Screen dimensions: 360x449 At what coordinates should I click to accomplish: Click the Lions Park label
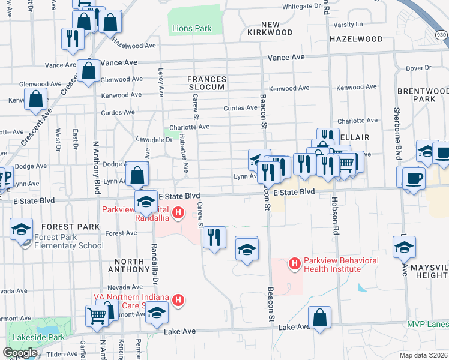coord(192,28)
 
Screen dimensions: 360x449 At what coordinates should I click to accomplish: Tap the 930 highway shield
coord(441,35)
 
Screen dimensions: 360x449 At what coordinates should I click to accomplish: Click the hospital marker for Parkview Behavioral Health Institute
coord(294,263)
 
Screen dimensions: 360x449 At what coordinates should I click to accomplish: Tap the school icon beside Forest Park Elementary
coord(20,230)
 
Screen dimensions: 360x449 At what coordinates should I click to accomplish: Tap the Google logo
coord(20,353)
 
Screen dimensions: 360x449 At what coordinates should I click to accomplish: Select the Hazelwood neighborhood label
coord(356,39)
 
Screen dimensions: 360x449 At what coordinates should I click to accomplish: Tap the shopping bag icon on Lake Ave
coord(320,318)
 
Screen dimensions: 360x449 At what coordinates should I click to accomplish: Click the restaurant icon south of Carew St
coord(214,238)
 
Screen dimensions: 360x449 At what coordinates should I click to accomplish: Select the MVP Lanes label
coord(429,325)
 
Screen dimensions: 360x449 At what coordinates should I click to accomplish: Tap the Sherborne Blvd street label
coord(396,129)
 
